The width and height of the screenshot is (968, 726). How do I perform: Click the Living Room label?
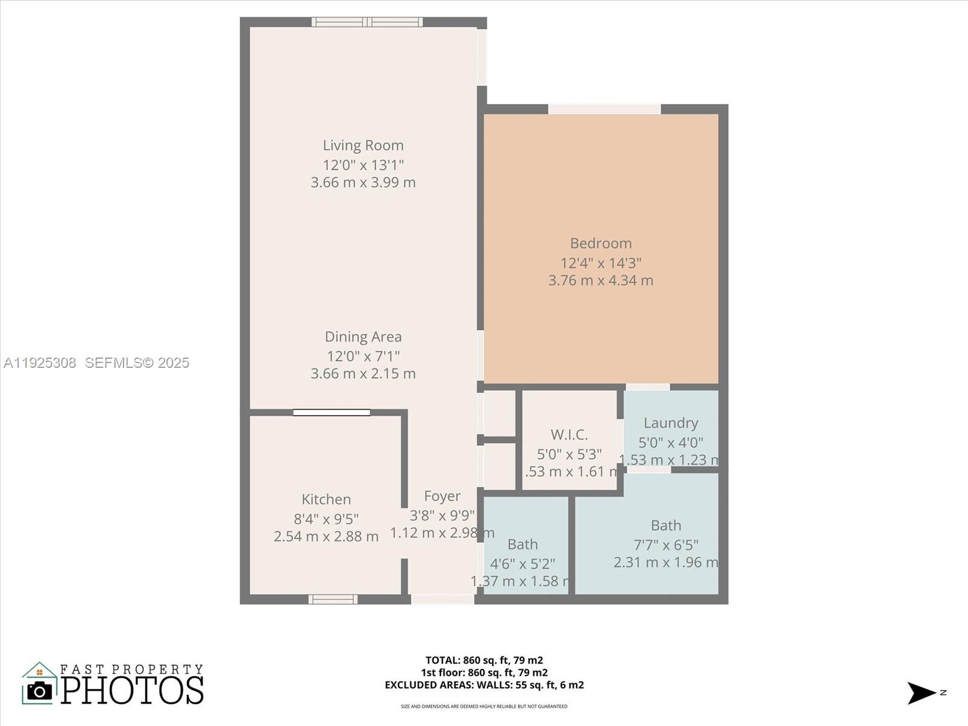pos(363,145)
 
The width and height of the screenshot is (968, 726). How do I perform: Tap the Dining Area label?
pos(363,336)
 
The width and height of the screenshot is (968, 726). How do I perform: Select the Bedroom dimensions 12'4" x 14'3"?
pos(601,263)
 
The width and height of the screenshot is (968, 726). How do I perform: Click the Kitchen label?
pos(326,499)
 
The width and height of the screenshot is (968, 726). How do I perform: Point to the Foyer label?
pos(442,496)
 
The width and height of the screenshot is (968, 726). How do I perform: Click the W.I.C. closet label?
pos(569,434)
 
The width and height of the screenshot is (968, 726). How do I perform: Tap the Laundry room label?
pos(670,423)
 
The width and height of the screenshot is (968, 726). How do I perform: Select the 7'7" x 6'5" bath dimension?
pos(665,544)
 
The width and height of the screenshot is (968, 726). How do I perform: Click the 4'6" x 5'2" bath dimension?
pos(522,564)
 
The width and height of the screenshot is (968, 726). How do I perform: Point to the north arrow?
pos(922,693)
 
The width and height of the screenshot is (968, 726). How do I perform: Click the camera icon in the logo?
pos(40,690)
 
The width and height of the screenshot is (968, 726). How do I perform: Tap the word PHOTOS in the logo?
pos(132,690)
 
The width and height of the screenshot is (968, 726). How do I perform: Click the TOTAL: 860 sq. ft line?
pos(484,660)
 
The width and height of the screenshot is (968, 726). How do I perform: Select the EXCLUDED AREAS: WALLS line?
pos(484,685)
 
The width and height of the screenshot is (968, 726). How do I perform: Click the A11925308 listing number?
pos(40,362)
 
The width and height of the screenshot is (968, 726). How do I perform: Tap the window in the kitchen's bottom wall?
pos(333,599)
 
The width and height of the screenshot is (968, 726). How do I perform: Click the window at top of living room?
pos(367,22)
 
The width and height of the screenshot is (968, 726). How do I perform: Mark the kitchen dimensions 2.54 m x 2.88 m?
pos(326,536)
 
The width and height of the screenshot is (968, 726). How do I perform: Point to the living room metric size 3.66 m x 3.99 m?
pos(363,182)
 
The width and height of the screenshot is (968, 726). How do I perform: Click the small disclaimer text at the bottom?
pos(484,706)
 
